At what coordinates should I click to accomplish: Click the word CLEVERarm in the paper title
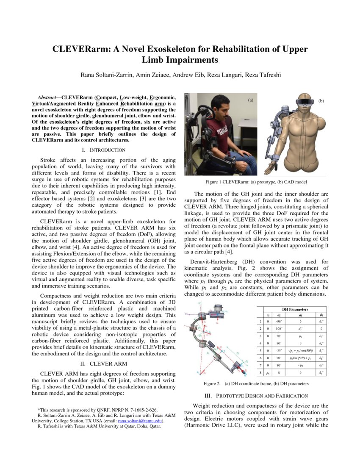80,49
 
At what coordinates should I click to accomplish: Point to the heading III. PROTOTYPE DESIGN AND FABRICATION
256,396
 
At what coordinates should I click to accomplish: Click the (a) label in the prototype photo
251,100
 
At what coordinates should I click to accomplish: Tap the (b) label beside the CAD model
321,101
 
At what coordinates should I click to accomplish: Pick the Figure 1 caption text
256,182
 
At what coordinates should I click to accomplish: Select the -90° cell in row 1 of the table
279,322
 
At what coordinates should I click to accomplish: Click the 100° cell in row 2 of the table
279,329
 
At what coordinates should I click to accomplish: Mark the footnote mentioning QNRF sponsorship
97,410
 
